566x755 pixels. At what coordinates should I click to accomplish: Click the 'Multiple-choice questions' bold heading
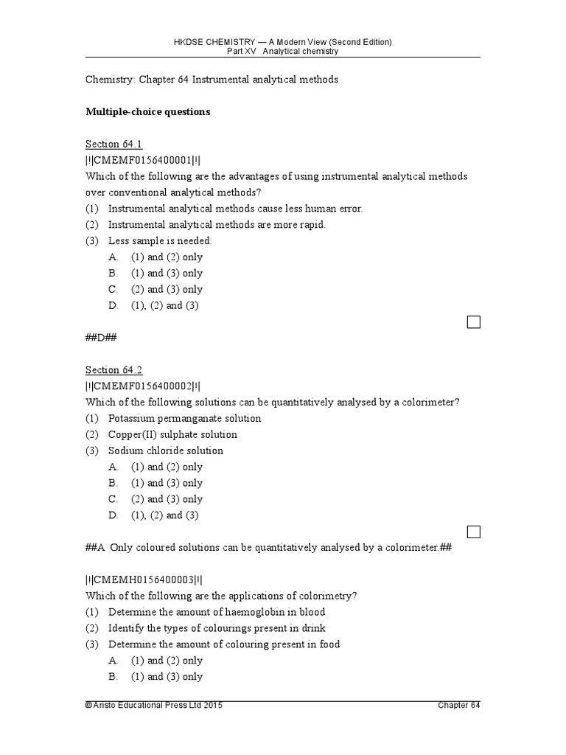click(x=148, y=112)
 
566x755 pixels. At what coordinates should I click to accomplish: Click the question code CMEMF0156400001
click(x=142, y=160)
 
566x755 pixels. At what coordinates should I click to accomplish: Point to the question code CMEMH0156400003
click(x=143, y=580)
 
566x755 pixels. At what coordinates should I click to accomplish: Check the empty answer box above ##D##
click(x=473, y=322)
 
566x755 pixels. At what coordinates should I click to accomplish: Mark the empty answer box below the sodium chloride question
click(x=473, y=532)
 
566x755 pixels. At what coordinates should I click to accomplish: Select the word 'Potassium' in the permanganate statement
click(x=130, y=419)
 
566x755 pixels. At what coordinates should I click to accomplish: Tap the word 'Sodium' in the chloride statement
click(x=125, y=451)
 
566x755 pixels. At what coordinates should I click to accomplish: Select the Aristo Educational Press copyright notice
click(x=153, y=706)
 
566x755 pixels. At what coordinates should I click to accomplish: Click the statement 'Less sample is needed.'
click(x=160, y=241)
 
